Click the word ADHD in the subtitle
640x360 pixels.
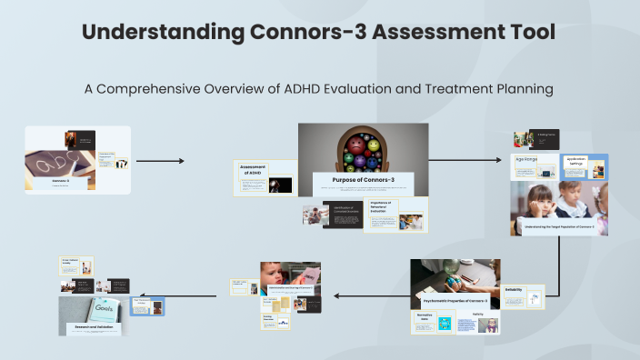point(349,91)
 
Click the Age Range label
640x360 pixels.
point(528,158)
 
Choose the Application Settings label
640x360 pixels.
point(575,161)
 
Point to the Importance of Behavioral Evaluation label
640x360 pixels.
point(379,206)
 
